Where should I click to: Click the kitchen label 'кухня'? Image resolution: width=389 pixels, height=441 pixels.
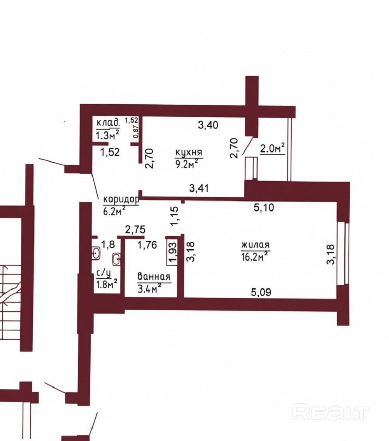(x=189, y=153)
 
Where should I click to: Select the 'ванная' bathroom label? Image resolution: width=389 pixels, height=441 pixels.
(x=154, y=277)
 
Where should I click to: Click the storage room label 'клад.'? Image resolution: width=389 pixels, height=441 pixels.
(x=108, y=123)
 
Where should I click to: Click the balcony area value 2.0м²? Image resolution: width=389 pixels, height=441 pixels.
(x=273, y=149)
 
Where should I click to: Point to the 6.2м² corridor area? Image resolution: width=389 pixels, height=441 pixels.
(x=114, y=211)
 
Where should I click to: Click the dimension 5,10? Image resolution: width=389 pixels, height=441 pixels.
(x=264, y=208)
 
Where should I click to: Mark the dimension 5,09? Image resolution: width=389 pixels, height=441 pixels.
(x=261, y=292)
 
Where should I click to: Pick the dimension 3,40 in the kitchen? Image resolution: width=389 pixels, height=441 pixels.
(x=208, y=125)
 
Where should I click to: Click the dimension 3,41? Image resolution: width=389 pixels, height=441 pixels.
(x=199, y=188)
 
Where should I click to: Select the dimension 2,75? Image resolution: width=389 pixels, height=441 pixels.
(x=135, y=230)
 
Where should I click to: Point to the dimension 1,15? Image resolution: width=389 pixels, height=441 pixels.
(x=175, y=216)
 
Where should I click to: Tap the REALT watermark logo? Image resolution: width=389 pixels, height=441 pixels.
(x=330, y=412)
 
